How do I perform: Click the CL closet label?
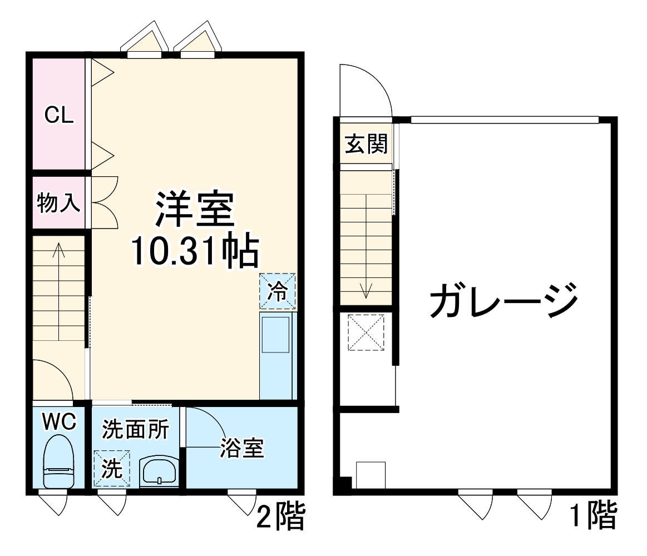point(59,116)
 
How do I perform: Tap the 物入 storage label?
point(58,203)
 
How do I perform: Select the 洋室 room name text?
point(194,210)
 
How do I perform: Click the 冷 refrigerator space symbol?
point(277,291)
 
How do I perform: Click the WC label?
point(59,423)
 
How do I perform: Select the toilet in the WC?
point(58,461)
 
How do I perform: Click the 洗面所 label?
point(136,430)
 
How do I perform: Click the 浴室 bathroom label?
point(241,448)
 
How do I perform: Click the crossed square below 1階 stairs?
point(366,332)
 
